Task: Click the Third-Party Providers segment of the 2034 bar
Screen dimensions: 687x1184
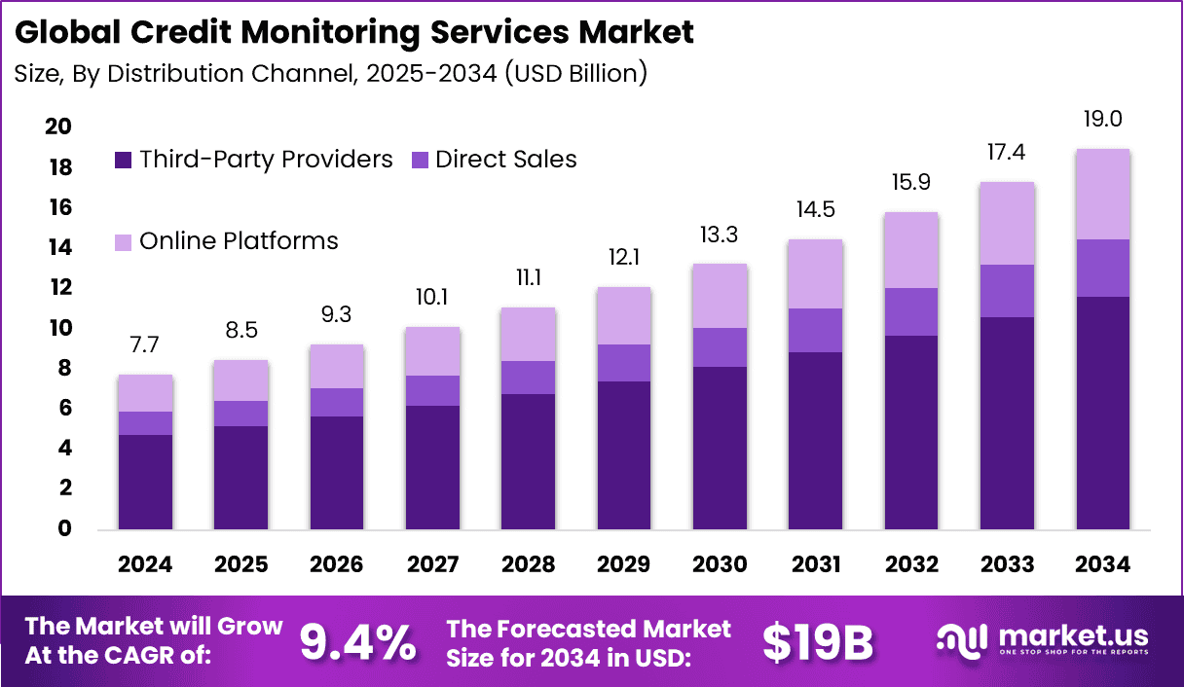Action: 1102,414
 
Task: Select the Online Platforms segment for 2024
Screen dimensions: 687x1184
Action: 146,393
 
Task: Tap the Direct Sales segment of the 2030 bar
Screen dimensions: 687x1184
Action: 721,347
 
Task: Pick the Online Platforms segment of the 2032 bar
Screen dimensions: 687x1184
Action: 911,250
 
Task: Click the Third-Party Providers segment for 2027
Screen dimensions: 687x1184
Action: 433,467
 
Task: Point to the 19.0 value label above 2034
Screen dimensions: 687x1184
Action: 1102,120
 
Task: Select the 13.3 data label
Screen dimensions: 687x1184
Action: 721,235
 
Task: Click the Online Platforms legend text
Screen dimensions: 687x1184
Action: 239,241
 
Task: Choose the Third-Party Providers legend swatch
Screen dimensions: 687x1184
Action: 123,161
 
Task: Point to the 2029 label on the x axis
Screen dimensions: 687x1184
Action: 624,564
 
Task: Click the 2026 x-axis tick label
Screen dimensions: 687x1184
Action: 338,564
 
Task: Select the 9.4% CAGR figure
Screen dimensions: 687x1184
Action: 357,642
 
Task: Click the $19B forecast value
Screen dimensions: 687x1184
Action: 818,642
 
